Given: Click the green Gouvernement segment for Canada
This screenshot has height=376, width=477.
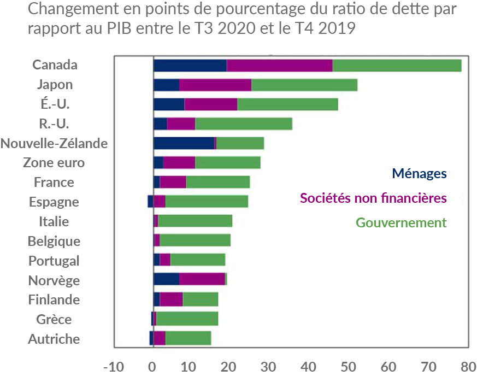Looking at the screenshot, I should point(397,65).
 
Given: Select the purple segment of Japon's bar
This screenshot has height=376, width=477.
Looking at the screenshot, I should point(215,85).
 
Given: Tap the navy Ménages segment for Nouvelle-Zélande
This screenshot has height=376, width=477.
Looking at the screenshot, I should point(184,143).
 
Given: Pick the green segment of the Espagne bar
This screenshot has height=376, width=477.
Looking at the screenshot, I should point(207,202).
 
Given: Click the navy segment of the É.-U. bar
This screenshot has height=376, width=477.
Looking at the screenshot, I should point(169,104).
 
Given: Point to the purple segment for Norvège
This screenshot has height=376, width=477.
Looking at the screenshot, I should point(202,280).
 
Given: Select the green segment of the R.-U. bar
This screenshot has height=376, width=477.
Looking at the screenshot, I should point(244,124).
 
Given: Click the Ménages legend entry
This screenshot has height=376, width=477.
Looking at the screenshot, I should point(419,174).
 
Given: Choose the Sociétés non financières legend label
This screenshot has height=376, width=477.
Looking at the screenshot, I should point(373,198).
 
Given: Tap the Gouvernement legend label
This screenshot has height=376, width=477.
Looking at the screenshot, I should point(401,222).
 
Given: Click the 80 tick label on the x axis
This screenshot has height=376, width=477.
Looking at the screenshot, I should point(468,365).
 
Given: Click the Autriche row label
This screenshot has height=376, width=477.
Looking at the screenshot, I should point(54,339).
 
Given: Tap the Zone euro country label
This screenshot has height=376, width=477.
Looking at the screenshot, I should point(54,163).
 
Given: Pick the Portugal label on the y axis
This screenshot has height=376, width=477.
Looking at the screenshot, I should point(54,261).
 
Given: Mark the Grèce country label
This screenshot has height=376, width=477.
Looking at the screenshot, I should point(54,319).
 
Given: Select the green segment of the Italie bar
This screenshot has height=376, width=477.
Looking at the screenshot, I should point(195,221).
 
